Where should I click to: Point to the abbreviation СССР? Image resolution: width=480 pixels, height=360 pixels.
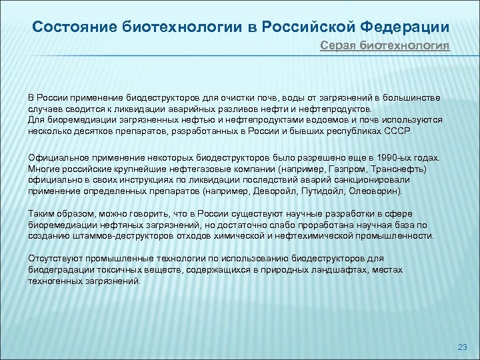click(x=398, y=132)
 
